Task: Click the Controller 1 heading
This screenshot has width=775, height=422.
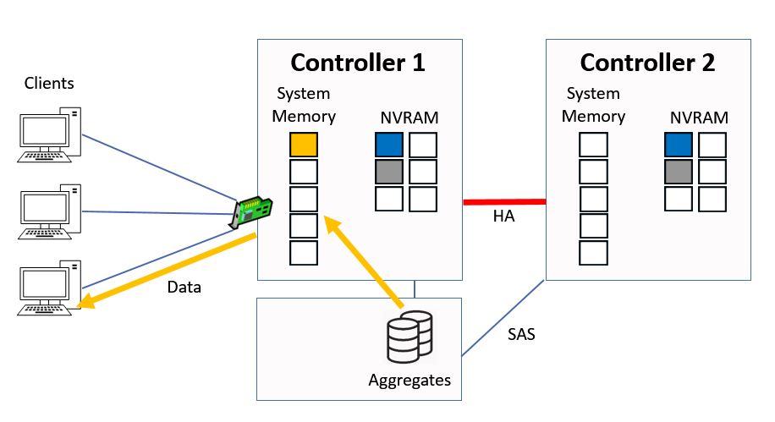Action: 358,63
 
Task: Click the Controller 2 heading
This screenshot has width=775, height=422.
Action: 647,63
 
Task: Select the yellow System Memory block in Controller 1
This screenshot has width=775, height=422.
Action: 304,145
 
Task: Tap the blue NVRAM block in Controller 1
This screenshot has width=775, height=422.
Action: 389,145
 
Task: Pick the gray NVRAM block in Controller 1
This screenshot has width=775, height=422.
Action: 389,172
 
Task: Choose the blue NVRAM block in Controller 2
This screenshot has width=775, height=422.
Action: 679,145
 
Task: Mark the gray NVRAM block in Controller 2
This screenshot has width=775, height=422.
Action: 679,172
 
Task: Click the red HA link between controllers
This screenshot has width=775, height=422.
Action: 504,202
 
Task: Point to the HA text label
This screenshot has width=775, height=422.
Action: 504,217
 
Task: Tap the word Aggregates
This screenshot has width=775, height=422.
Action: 409,380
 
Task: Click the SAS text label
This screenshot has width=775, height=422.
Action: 521,334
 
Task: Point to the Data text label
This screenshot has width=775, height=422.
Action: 184,287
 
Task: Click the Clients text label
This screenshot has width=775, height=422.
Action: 49,83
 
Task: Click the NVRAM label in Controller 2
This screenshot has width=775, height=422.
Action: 699,118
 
